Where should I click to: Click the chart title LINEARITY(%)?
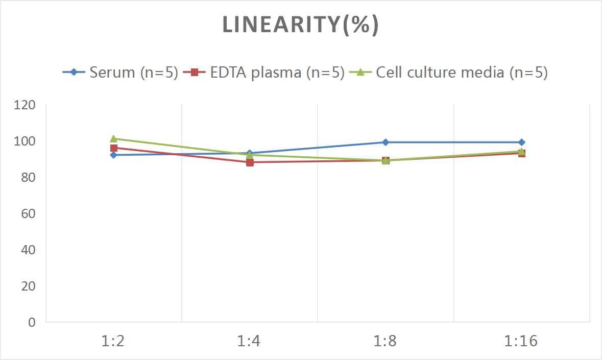(x=300, y=25)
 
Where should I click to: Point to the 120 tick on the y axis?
(x=25, y=105)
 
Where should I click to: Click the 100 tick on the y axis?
(x=25, y=141)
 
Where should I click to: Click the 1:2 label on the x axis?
(x=113, y=341)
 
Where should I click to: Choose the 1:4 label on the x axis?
(x=249, y=341)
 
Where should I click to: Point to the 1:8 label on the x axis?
(x=386, y=341)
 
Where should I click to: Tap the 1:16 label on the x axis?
(x=521, y=341)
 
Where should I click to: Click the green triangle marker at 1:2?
(x=113, y=138)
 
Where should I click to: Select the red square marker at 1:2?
(x=114, y=148)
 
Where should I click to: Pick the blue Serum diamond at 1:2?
(x=113, y=155)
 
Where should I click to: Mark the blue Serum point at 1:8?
(x=386, y=142)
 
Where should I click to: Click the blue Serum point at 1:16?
(x=521, y=142)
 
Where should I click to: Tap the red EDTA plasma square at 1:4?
(x=250, y=162)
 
